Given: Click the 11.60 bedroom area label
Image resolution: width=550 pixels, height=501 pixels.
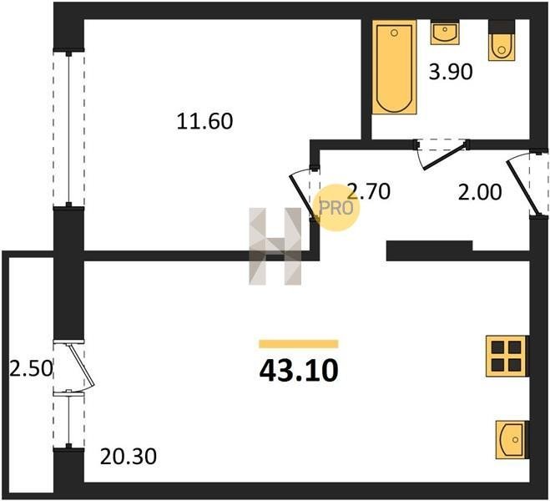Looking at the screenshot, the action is (x=204, y=121).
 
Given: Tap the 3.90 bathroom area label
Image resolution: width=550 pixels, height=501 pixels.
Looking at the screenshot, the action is (x=451, y=72).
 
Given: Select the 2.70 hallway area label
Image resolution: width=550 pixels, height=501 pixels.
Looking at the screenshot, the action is (x=368, y=191).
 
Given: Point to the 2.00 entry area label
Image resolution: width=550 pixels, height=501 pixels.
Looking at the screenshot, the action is (x=480, y=193).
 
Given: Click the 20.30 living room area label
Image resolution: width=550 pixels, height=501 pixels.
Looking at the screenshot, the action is (x=129, y=457).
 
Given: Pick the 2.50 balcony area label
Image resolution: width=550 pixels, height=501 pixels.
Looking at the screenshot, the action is (x=31, y=369).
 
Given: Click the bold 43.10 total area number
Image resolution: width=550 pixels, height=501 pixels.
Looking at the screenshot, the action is (x=299, y=371).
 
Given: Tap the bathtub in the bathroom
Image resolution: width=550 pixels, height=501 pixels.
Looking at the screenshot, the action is (x=394, y=67).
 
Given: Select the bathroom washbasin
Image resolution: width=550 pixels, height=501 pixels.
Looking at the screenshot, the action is (x=445, y=33).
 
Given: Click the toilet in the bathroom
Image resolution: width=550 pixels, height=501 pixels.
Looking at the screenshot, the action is (x=502, y=41).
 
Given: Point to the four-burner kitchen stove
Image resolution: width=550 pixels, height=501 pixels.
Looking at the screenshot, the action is (x=507, y=356).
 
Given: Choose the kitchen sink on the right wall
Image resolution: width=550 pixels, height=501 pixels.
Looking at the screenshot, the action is (x=512, y=439).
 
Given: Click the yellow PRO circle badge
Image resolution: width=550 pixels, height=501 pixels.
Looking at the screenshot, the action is (x=336, y=208).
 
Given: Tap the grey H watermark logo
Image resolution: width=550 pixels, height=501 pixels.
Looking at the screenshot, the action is (x=275, y=246).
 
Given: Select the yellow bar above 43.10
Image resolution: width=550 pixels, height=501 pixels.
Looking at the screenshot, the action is (x=299, y=344).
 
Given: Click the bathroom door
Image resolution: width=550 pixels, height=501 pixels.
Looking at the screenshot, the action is (x=445, y=155).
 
